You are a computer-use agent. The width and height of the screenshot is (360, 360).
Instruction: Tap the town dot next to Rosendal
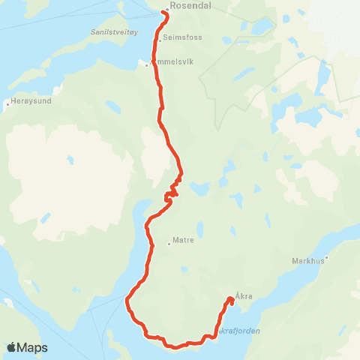166,9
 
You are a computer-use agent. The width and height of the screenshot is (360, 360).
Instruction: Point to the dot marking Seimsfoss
160,40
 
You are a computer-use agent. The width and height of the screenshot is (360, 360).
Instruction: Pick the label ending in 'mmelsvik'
174,62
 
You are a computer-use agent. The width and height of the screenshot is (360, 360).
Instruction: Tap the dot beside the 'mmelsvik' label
147,64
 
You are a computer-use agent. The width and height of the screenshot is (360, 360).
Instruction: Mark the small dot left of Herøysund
7,103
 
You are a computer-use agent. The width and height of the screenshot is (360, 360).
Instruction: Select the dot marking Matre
169,243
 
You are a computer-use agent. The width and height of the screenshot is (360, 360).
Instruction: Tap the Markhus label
305,262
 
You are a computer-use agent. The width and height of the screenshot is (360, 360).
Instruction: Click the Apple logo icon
12,347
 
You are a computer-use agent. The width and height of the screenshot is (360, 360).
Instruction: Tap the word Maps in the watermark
33,347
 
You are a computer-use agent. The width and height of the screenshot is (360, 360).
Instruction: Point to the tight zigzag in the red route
172,191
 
